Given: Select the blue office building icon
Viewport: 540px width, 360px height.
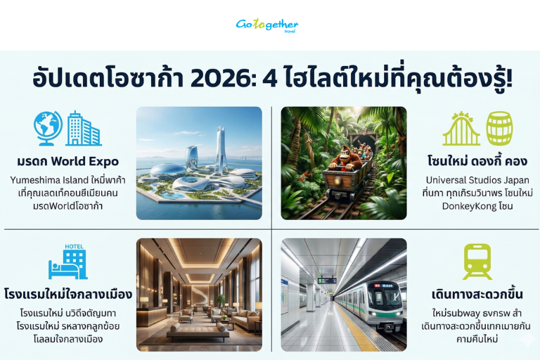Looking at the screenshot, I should point(83,129).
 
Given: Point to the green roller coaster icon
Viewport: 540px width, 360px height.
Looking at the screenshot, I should point(461,129).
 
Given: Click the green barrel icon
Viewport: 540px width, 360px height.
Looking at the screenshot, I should point(499,128).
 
